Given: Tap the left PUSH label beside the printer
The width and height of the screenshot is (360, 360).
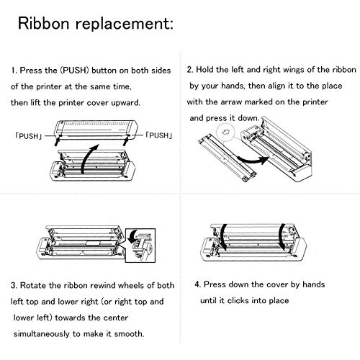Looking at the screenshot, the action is [29, 136].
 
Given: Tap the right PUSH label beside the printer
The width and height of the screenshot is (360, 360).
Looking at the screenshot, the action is [159, 135].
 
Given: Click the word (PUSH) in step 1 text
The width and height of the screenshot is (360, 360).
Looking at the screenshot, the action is [74, 71].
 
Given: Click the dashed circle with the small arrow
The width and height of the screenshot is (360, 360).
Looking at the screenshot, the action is [225, 131].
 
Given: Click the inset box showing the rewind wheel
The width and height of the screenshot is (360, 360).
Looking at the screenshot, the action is [140, 246].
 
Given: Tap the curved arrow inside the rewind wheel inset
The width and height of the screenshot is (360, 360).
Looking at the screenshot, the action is [132, 236].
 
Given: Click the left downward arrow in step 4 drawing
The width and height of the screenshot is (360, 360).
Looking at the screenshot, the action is [223, 238].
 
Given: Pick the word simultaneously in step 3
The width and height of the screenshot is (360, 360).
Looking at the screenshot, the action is [42, 334].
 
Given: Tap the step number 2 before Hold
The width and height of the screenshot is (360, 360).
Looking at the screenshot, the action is [190, 70].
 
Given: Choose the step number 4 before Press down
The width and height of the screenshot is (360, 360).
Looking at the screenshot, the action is [198, 284].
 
